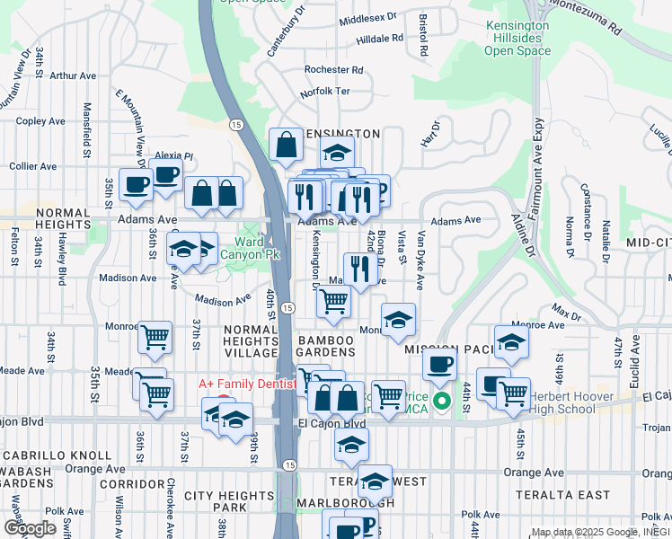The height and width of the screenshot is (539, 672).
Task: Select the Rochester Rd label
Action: (x=332, y=69)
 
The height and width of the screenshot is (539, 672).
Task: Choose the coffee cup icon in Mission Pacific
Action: (x=439, y=365)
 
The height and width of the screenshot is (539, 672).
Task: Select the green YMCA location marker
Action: (x=441, y=401)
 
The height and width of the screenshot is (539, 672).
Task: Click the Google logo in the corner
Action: (x=29, y=527)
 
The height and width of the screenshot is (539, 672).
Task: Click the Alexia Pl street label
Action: (x=175, y=155)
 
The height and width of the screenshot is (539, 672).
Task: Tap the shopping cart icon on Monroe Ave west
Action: (x=155, y=338)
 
